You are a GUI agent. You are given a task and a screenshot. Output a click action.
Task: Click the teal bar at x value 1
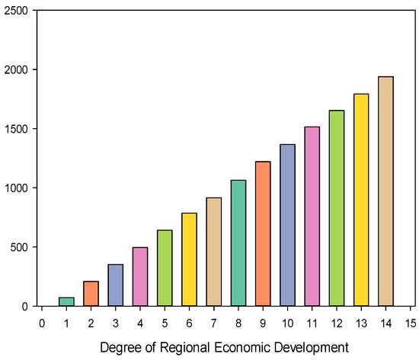[67, 302]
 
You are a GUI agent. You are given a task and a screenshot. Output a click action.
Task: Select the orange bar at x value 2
[91, 294]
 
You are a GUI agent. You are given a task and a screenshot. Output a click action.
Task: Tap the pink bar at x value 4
[140, 277]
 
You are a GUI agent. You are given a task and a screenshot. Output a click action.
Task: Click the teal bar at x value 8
[238, 243]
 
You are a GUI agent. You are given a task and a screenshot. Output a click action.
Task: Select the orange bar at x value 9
[263, 234]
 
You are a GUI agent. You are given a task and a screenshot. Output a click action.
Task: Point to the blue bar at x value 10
[287, 225]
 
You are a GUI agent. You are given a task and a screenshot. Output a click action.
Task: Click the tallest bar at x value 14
[385, 191]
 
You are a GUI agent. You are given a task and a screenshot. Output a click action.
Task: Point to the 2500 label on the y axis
[20, 11]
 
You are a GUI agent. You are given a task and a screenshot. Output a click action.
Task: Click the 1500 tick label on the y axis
[20, 129]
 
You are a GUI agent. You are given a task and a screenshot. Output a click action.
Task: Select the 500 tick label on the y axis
[23, 247]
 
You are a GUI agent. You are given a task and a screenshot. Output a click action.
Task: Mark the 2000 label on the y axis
[20, 70]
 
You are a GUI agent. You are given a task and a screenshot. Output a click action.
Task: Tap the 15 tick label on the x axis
[410, 322]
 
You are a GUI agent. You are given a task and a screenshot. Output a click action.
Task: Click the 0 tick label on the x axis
[43, 322]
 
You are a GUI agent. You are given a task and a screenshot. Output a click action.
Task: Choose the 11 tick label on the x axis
[312, 322]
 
